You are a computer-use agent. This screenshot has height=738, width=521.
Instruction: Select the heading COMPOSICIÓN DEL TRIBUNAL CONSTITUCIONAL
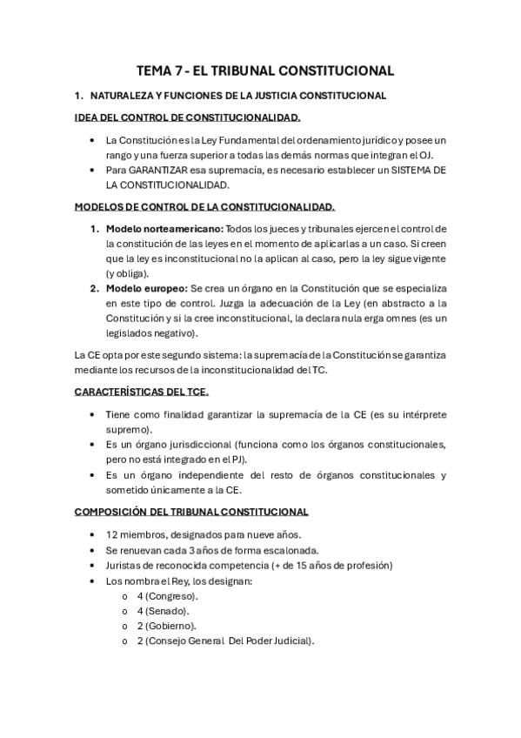click(x=190, y=512)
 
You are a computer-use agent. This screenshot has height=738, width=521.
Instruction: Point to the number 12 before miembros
click(x=111, y=534)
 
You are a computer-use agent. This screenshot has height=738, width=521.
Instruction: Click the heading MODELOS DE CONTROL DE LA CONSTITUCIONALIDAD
click(x=204, y=207)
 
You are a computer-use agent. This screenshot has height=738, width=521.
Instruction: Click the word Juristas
click(x=124, y=565)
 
